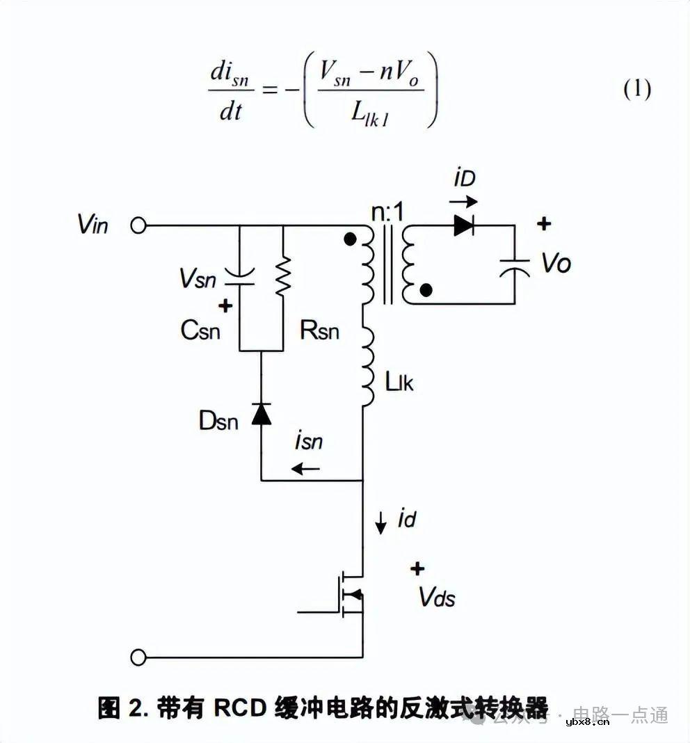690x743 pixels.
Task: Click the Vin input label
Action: [x=93, y=225]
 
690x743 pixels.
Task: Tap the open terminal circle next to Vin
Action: [x=139, y=225]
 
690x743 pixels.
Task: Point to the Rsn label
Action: [x=319, y=330]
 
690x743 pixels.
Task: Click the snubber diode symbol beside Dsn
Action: [x=261, y=414]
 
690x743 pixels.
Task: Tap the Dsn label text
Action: [x=218, y=420]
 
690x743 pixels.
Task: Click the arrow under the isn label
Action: [x=306, y=469]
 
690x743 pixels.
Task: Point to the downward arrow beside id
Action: [x=380, y=522]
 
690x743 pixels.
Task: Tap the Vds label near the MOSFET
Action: [x=437, y=597]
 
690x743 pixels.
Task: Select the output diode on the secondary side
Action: [x=464, y=225]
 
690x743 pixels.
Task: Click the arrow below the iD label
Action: [x=463, y=202]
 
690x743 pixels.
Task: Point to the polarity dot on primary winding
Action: [x=350, y=240]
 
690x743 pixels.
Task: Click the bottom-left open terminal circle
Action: [x=139, y=657]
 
